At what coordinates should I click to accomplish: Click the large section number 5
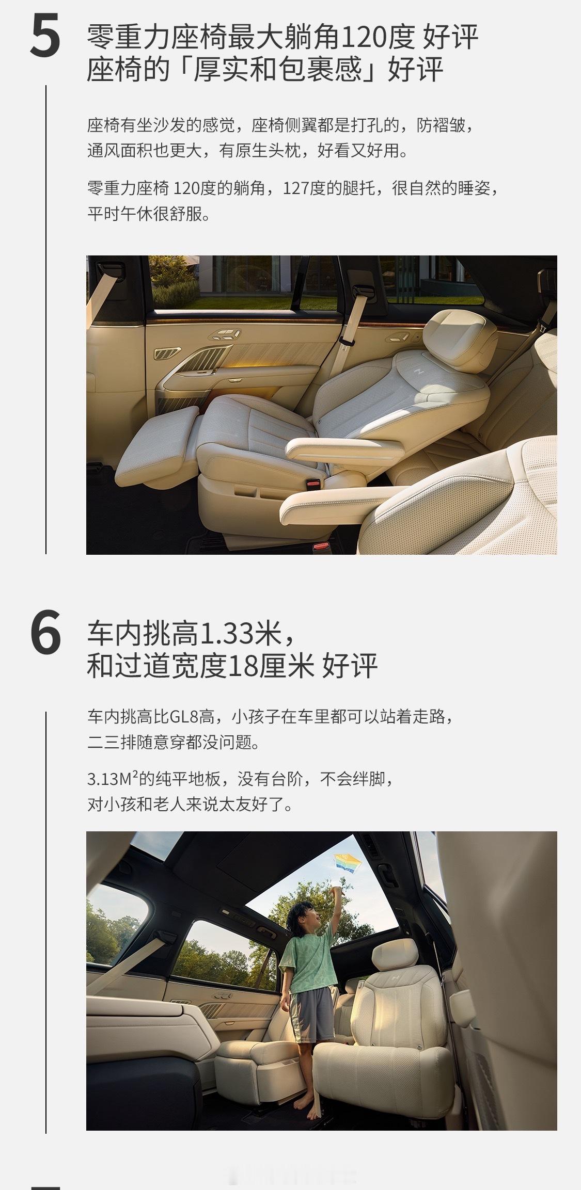(45, 37)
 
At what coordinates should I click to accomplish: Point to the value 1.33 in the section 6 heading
(226, 633)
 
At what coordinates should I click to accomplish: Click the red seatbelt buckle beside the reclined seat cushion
(312, 485)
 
